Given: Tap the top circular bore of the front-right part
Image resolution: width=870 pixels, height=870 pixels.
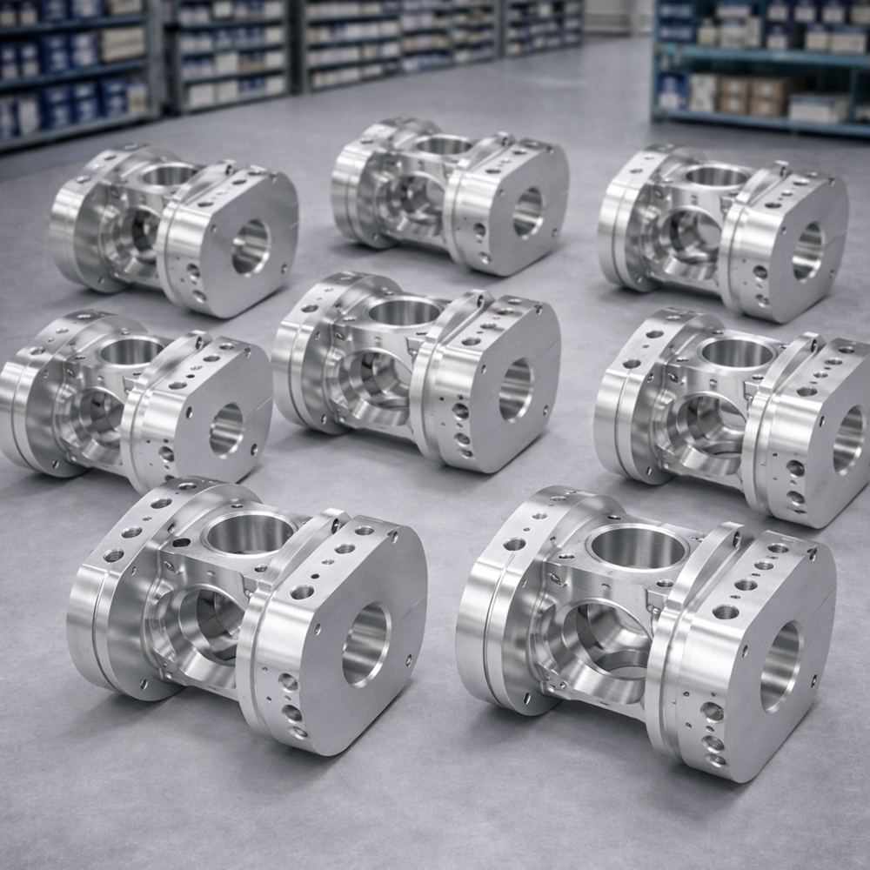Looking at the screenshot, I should [x=639, y=546].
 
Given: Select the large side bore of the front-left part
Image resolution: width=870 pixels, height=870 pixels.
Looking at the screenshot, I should [x=365, y=644].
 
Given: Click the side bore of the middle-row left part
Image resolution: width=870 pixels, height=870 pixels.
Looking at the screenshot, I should [x=226, y=428].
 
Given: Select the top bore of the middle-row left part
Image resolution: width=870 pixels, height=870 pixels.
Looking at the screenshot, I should [x=130, y=351].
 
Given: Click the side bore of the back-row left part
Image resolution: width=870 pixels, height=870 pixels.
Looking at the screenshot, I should [x=251, y=245].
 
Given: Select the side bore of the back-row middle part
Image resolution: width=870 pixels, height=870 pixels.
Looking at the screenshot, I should [x=527, y=212].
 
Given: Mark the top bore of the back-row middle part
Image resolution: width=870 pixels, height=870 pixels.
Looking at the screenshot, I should [x=444, y=144].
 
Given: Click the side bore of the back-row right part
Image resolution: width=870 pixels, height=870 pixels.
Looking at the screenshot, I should [x=807, y=251].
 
